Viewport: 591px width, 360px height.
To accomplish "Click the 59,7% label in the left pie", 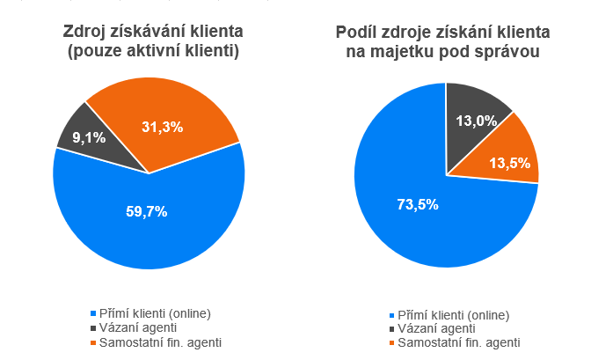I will [148, 211].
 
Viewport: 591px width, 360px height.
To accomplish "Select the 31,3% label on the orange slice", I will [162, 128].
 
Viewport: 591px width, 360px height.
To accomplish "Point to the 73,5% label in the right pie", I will [417, 204].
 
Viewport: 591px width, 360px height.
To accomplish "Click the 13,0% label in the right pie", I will [476, 121].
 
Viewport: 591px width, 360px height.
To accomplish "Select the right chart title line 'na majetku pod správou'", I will [444, 53].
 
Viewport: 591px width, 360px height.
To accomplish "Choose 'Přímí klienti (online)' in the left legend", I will [157, 312].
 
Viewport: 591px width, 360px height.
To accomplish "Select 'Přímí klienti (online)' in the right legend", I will [454, 314].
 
